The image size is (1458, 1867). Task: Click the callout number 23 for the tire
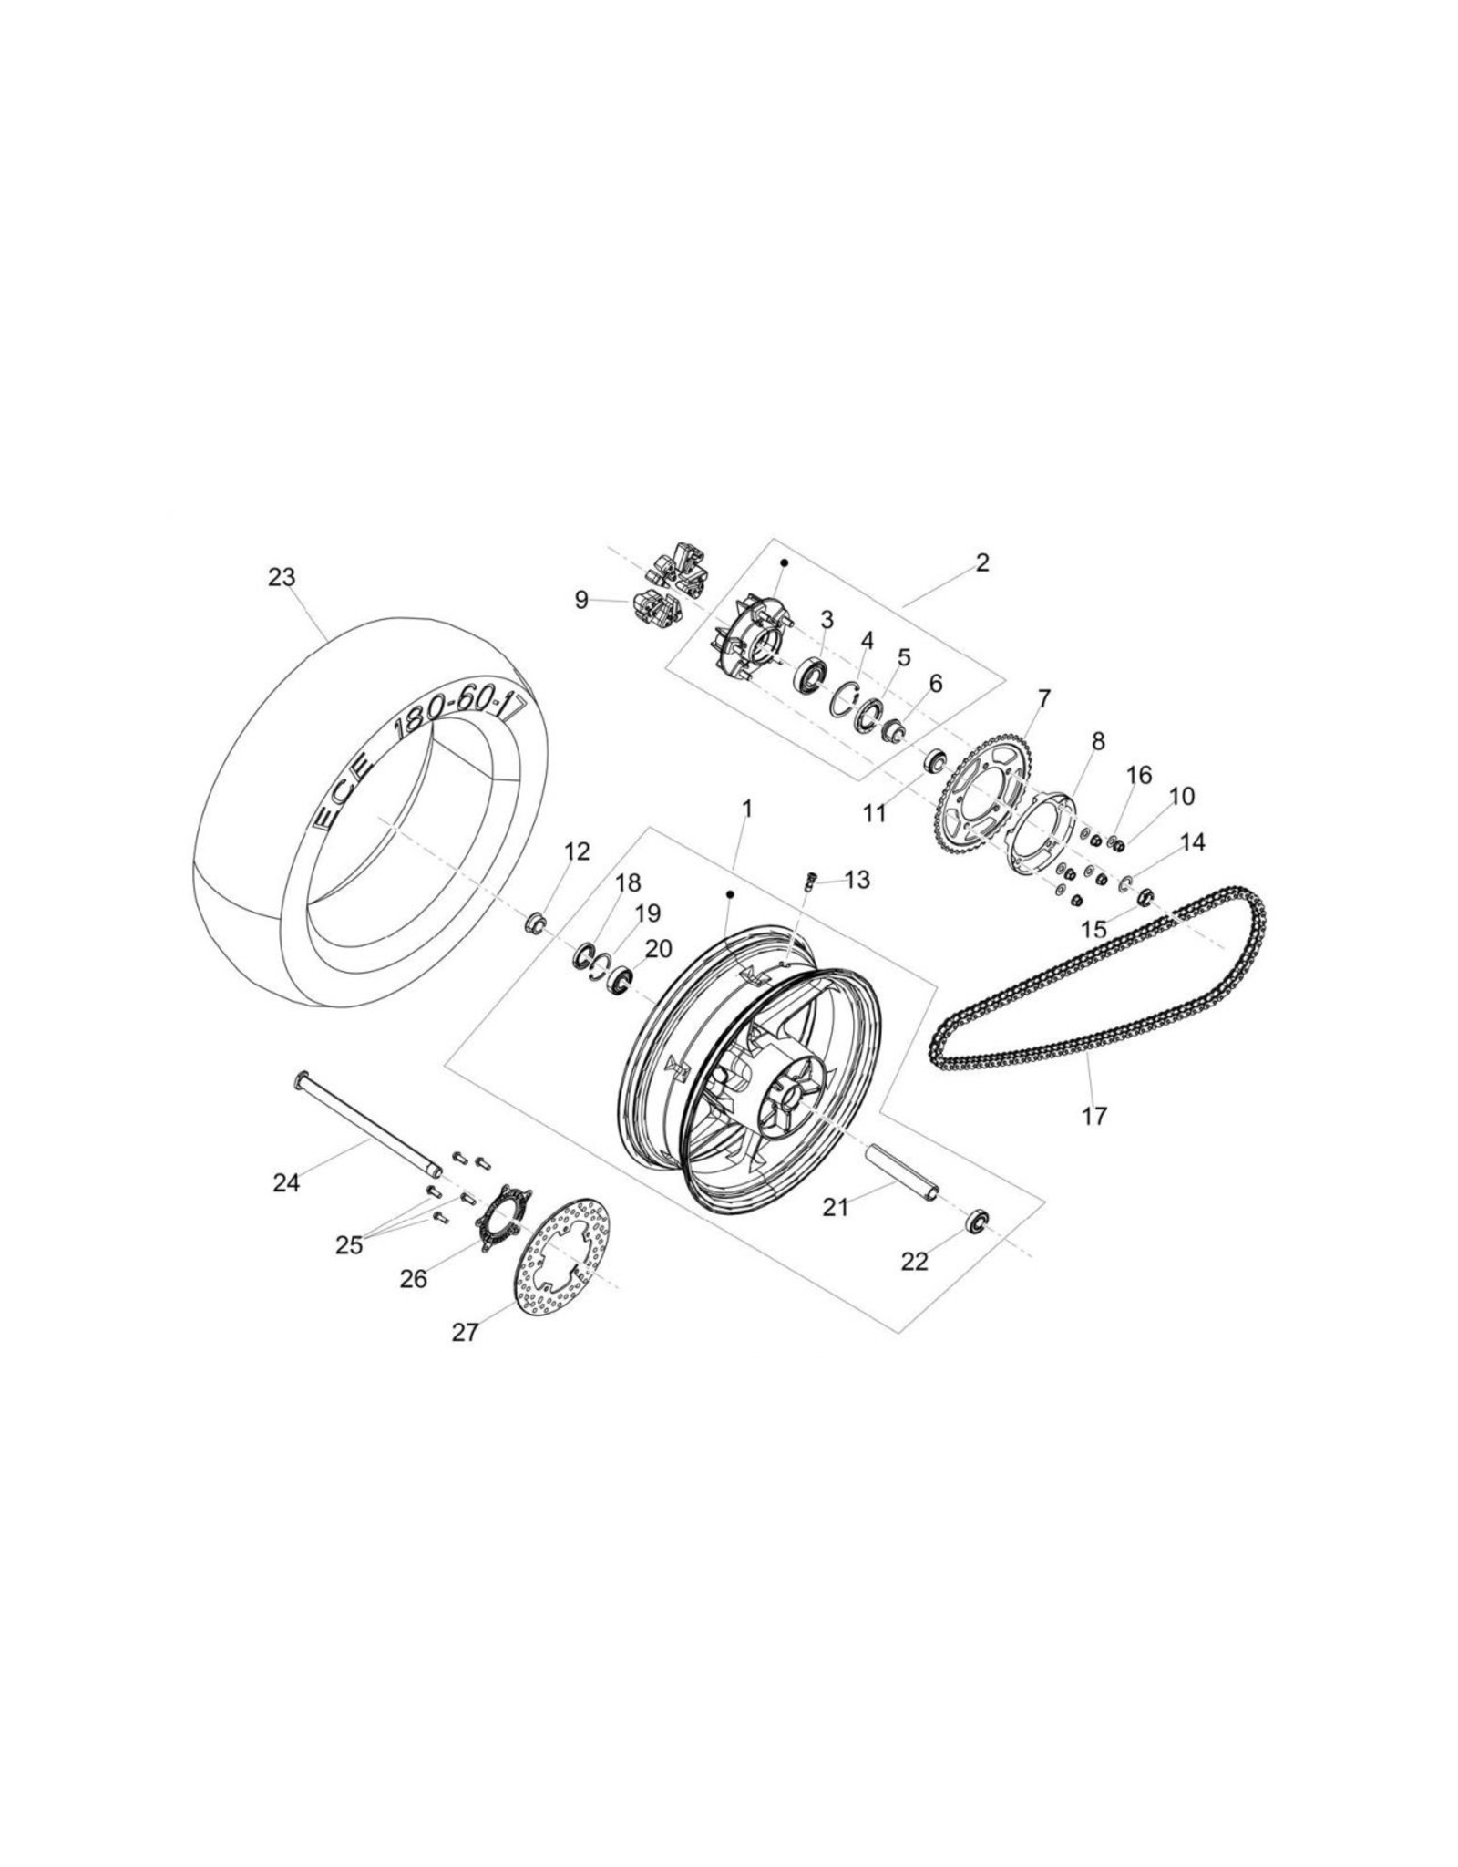click(x=282, y=577)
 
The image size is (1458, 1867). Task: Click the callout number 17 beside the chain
click(x=1093, y=1115)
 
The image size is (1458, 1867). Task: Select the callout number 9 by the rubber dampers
click(x=581, y=601)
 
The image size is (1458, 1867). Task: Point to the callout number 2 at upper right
click(x=981, y=562)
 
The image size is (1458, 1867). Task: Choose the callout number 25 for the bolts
click(x=349, y=1244)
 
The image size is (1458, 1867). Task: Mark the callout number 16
click(x=1139, y=775)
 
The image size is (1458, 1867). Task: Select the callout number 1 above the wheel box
click(x=747, y=809)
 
